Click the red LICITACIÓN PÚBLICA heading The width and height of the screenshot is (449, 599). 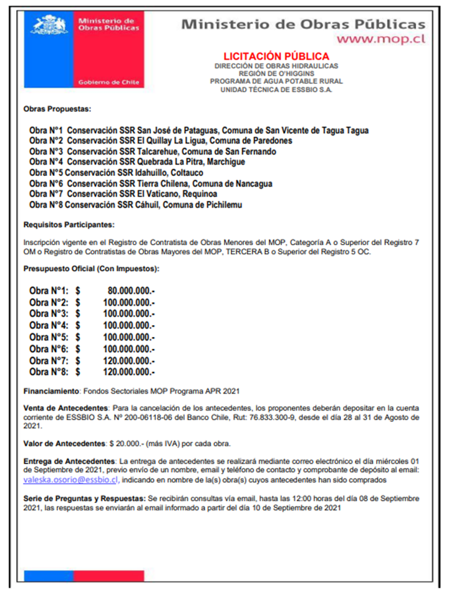pyautogui.click(x=276, y=56)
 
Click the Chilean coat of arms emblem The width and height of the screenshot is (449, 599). pyautogui.click(x=49, y=25)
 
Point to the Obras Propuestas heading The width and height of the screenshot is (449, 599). pyautogui.click(x=57, y=109)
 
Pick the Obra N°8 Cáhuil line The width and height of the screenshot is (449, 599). pyautogui.click(x=136, y=205)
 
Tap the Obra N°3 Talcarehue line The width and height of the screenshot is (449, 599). pyautogui.click(x=153, y=152)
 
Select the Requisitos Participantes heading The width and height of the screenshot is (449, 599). pyautogui.click(x=69, y=224)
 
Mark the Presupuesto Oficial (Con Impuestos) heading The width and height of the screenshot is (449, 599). pyautogui.click(x=91, y=269)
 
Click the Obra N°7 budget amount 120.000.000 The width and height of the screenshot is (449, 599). pyautogui.click(x=130, y=361)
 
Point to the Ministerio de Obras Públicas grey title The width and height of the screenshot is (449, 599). pyautogui.click(x=303, y=24)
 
